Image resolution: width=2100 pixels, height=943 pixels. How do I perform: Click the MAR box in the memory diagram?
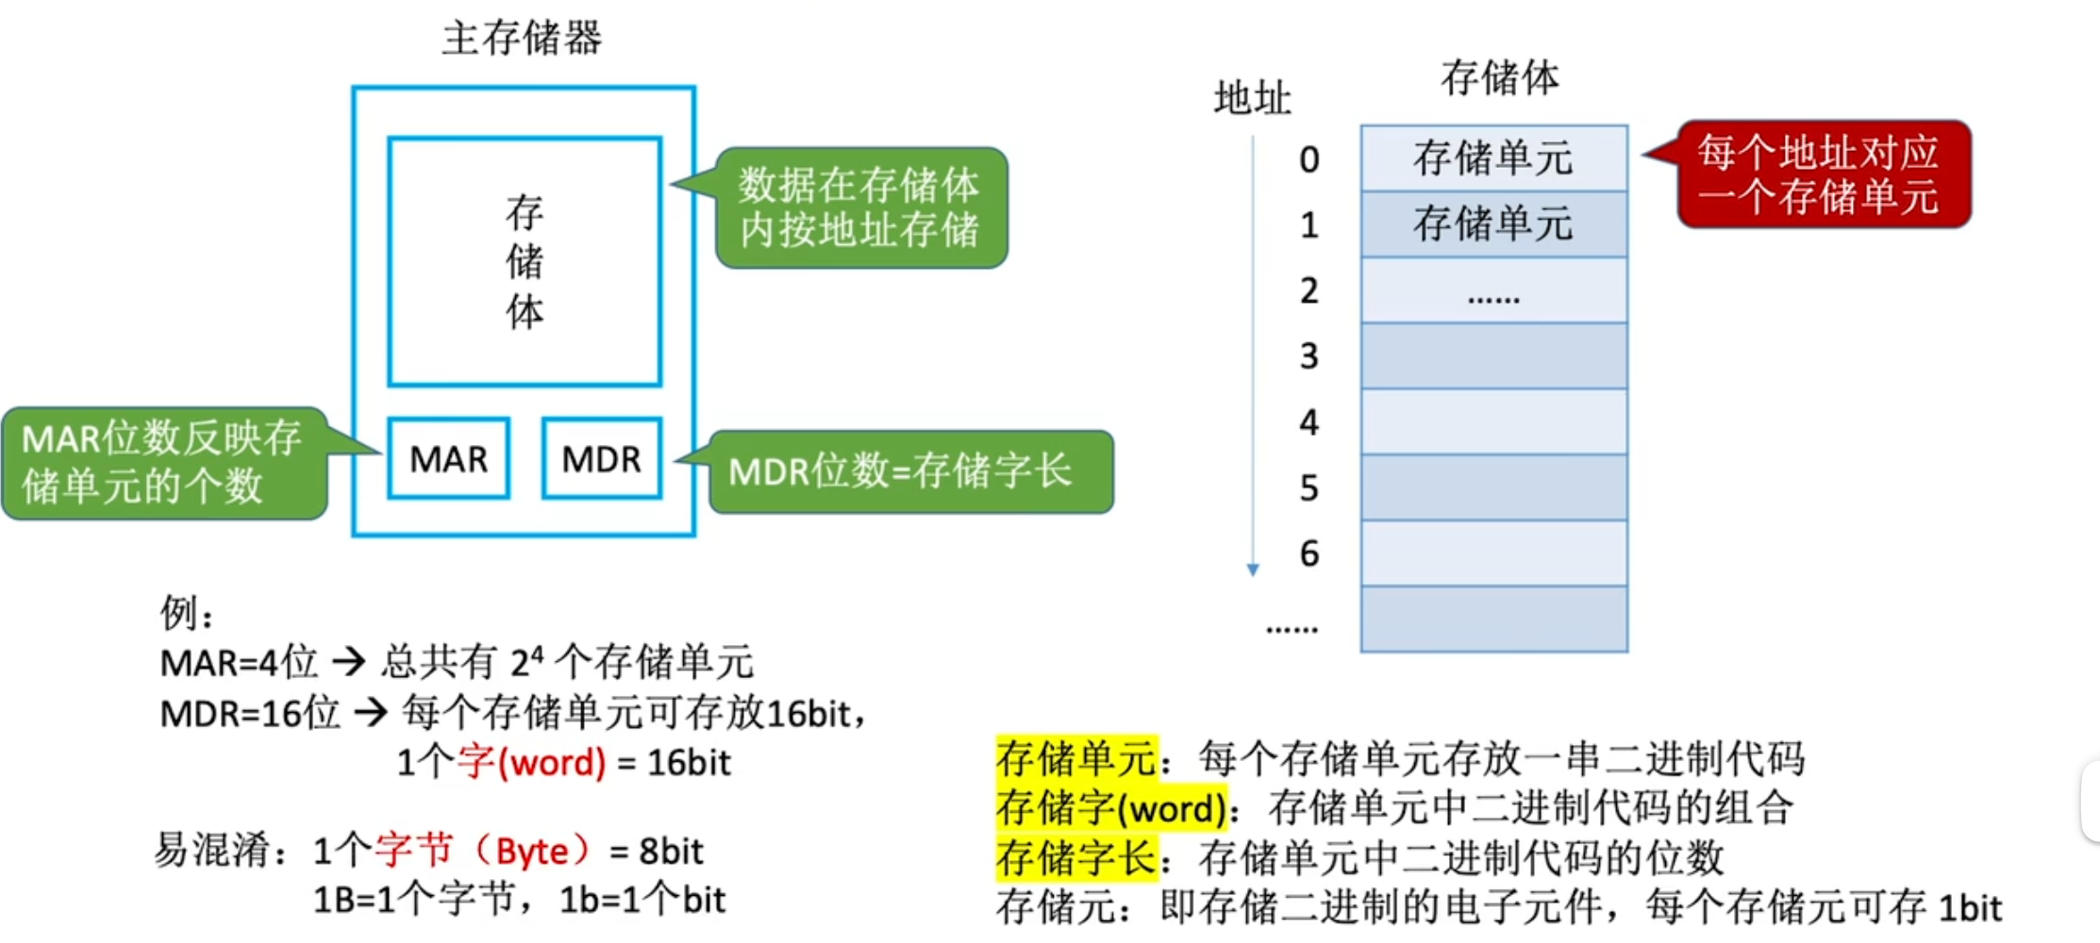tap(449, 459)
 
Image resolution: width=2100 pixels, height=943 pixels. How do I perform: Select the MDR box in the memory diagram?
tap(602, 459)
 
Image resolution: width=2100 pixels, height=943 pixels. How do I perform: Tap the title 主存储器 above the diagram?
tap(522, 39)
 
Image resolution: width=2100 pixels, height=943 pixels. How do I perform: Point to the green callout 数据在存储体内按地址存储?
tap(860, 207)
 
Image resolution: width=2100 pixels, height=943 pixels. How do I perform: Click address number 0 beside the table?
tap(1308, 159)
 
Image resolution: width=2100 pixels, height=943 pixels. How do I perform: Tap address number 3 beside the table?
tap(1308, 356)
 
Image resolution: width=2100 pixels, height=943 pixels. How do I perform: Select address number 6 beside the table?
tap(1308, 554)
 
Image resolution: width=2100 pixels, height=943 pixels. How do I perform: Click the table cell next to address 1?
tap(1493, 224)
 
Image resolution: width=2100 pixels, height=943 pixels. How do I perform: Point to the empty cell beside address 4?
tap(1493, 422)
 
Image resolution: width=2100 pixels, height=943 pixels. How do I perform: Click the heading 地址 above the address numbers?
tap(1252, 98)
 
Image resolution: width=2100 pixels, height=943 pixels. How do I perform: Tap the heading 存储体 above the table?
tap(1499, 77)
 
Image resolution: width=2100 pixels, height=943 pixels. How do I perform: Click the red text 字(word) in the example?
tap(532, 762)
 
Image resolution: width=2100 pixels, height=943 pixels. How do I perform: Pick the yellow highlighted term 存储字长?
tap(1076, 857)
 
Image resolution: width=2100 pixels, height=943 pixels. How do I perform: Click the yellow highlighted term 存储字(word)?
tap(1111, 808)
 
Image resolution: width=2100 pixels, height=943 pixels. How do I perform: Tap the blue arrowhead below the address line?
tap(1253, 570)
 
